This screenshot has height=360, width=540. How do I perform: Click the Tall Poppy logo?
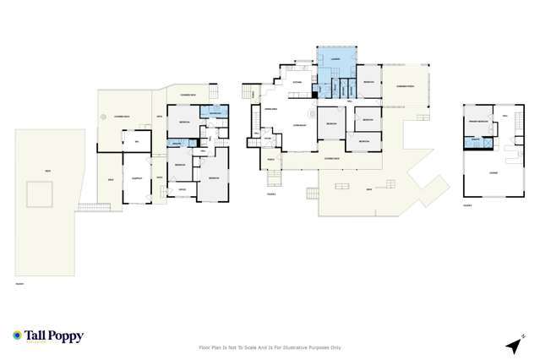pyautogui.click(x=48, y=336)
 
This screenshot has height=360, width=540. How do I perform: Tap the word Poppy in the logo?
pyautogui.click(x=67, y=336)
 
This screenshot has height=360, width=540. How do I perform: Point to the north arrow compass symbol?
pyautogui.click(x=513, y=345)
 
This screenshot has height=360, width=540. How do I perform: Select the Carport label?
pyautogui.click(x=136, y=178)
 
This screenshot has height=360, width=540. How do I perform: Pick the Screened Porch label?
pyautogui.click(x=404, y=86)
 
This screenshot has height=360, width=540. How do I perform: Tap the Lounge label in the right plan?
pyautogui.click(x=493, y=172)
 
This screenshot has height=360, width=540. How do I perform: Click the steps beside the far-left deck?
pyautogui.click(x=89, y=206)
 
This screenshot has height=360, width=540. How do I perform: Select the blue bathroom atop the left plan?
pyautogui.click(x=215, y=113)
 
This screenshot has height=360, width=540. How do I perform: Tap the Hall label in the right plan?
pyautogui.click(x=505, y=116)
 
